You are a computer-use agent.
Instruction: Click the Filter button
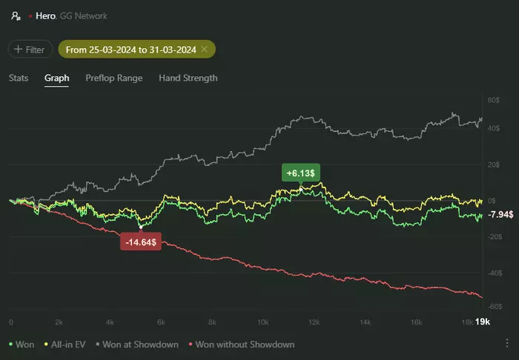tap(30, 50)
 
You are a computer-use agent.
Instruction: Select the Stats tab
tap(19, 78)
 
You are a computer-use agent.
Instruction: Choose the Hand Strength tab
tap(188, 78)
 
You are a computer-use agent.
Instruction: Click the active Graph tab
tap(56, 78)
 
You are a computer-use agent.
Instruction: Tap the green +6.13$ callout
tap(300, 173)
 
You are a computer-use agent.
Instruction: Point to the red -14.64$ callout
tap(141, 242)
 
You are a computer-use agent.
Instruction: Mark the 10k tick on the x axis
tap(262, 323)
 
